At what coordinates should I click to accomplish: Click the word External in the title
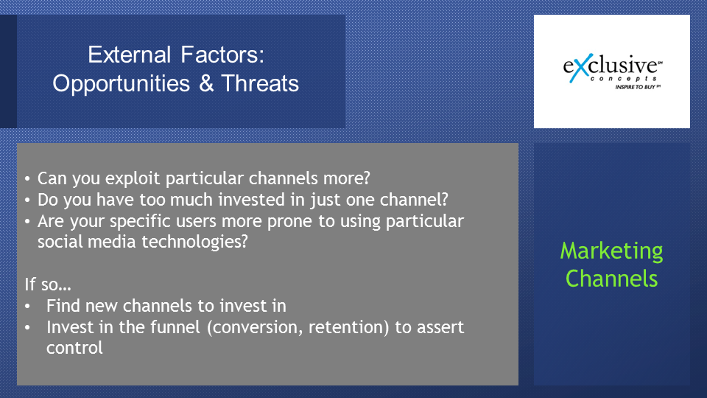coord(129,55)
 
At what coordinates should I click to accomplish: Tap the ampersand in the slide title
coord(206,83)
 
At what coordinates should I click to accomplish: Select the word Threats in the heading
coord(260,83)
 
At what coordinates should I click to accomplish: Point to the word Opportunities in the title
coord(122,84)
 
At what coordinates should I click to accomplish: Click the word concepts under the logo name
coord(624,79)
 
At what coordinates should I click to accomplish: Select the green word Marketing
coord(611,251)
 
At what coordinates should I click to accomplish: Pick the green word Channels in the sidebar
coord(611,279)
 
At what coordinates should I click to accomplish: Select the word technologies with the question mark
coord(194,242)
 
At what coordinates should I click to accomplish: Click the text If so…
coord(48,284)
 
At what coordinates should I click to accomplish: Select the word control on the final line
coord(74,348)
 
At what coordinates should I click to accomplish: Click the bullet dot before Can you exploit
coord(27,179)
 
